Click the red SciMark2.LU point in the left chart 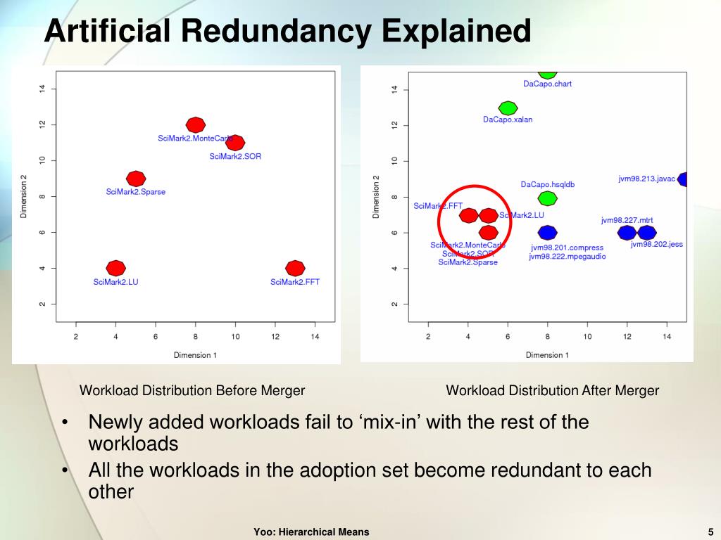pos(116,268)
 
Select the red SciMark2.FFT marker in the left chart pos(296,268)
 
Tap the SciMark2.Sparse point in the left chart pos(136,179)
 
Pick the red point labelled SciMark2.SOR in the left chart pos(236,143)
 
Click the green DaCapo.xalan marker pos(508,108)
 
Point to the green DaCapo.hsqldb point pos(547,199)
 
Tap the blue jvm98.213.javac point pos(684,179)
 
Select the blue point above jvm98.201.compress pos(547,233)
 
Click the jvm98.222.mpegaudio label pos(568,257)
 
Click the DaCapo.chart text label pos(547,84)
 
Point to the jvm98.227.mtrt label pos(628,220)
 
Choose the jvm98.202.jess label pos(657,245)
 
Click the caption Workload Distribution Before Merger pos(192,390)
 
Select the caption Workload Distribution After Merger pos(553,390)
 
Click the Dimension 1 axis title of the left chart pos(195,355)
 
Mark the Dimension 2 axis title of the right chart pos(376,196)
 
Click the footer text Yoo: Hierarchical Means pos(311,532)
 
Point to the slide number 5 pos(711,532)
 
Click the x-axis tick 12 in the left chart pos(275,337)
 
